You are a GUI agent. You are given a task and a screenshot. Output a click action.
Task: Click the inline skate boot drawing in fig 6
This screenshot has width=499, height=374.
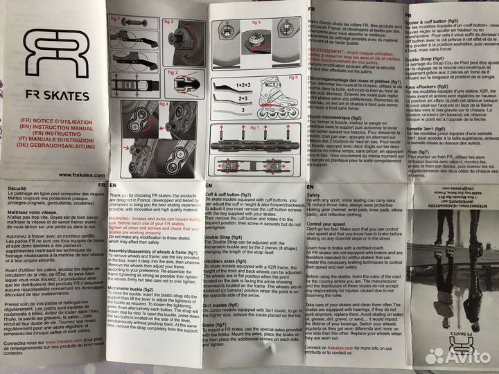pos(277,97)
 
